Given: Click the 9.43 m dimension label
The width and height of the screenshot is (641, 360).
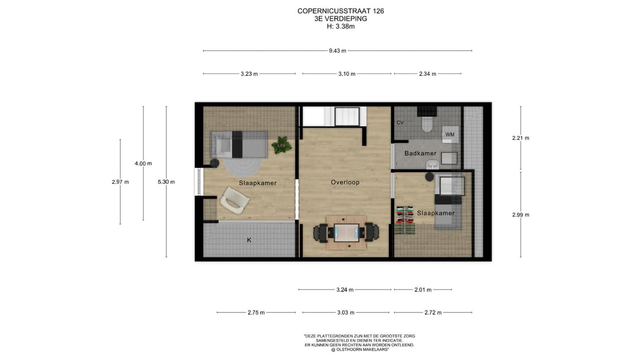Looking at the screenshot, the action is [337, 50].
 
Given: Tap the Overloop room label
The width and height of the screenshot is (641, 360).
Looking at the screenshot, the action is [345, 182].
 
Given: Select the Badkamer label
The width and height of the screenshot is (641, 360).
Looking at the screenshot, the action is [420, 153].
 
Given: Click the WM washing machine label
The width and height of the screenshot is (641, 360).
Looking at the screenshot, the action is [450, 135].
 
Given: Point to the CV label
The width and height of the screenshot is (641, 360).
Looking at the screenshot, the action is [400, 123].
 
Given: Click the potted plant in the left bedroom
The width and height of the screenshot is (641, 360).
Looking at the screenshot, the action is [282, 145].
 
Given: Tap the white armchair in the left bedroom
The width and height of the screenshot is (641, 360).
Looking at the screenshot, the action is [234, 200].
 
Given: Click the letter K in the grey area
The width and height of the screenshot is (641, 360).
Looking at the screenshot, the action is [249, 240].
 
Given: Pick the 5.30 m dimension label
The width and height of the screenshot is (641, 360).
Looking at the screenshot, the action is [166, 182].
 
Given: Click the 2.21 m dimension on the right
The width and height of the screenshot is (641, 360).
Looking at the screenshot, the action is [521, 138].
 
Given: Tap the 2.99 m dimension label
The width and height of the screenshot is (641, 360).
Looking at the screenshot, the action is [521, 215].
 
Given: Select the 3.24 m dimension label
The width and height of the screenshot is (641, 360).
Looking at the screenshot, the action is [345, 289].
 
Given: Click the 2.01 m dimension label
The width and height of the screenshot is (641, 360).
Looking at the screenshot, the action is [423, 289].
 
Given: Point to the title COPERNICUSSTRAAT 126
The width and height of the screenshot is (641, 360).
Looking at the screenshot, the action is [341, 11].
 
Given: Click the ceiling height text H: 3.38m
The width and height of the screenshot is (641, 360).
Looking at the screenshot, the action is [341, 27].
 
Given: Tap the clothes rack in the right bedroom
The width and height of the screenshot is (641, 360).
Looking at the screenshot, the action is [405, 220].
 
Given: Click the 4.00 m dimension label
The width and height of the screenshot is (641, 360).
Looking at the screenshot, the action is [143, 164].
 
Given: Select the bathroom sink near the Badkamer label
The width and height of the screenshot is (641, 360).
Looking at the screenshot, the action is [432, 164].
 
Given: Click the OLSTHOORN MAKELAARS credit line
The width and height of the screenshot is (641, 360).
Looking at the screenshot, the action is [359, 350].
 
